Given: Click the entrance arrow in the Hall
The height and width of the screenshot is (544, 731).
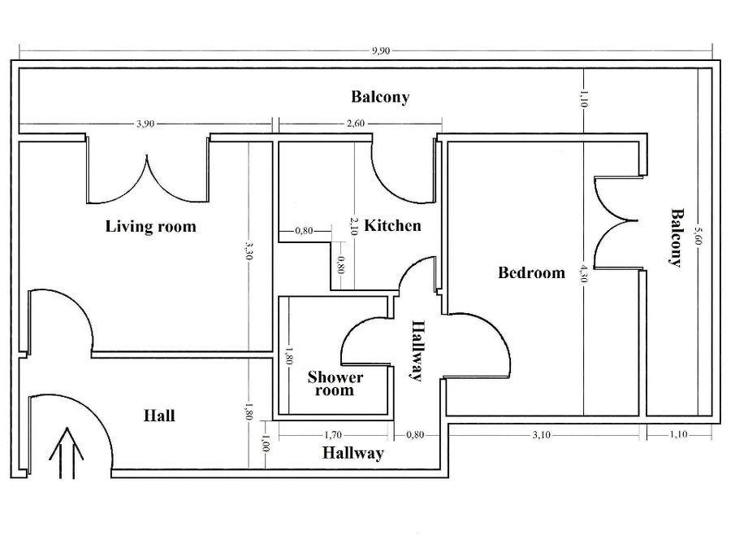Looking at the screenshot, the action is [67, 453].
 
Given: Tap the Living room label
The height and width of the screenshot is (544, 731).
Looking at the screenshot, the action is [150, 226].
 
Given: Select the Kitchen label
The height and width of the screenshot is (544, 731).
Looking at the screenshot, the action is [392, 226].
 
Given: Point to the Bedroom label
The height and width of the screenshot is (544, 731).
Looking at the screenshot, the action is [531, 272].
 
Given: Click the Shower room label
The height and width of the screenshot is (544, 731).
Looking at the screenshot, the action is [335, 384].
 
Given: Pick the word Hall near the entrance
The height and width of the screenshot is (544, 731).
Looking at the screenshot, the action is [159, 416].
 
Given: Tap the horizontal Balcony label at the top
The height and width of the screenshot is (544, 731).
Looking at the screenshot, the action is [380, 97].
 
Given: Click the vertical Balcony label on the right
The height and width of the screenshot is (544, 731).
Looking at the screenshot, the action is [676, 237].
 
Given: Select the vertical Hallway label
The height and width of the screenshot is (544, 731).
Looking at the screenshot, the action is [417, 350].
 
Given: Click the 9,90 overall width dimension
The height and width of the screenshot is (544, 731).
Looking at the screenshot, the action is [381, 51].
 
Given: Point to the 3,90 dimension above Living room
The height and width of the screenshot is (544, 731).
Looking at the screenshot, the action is [145, 124].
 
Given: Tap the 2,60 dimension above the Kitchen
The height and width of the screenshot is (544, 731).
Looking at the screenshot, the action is [356, 123].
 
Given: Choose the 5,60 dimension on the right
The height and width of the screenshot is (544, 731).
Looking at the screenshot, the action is [698, 236].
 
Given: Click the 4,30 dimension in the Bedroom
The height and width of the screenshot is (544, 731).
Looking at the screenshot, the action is [584, 273].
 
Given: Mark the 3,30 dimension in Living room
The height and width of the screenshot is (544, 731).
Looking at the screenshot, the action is [249, 251].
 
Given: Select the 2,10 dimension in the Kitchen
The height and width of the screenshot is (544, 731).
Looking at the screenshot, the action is [354, 226].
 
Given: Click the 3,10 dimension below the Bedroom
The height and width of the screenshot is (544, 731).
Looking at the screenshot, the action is [541, 435].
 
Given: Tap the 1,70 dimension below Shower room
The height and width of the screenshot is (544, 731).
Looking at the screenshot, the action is [333, 435].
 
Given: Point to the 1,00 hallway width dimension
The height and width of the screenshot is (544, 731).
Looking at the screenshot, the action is [266, 444].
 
